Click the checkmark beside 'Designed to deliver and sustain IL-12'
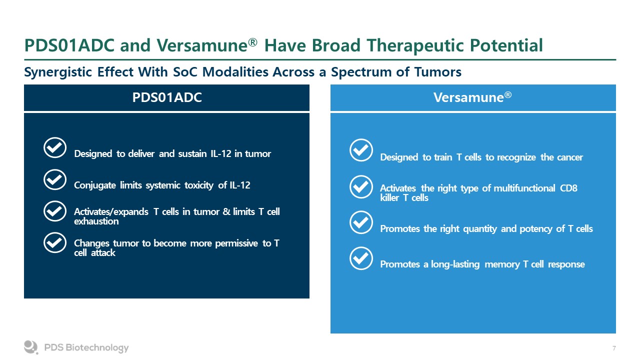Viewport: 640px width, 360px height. coord(55,147)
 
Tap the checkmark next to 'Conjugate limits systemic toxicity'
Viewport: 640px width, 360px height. coord(55,179)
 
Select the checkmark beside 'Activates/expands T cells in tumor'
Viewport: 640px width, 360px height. coord(55,211)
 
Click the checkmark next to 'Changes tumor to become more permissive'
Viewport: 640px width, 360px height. coord(55,242)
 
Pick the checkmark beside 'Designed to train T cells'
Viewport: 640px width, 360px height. coord(361,150)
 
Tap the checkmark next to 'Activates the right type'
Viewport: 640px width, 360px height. coord(361,187)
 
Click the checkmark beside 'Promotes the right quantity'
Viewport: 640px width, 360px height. coord(361,222)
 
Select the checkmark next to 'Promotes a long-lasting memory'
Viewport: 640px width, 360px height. coord(361,258)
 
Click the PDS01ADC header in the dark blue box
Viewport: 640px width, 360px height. coord(167,97)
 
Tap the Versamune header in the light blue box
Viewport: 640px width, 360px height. coord(472,97)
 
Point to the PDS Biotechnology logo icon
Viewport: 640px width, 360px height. coord(31,347)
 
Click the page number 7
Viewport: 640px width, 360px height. coord(614,348)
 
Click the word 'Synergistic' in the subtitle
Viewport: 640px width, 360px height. coord(58,72)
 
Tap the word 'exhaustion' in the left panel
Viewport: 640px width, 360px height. coord(96,221)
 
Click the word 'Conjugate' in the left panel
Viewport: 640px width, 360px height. coord(95,185)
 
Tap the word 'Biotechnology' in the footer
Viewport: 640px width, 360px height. coord(97,347)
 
